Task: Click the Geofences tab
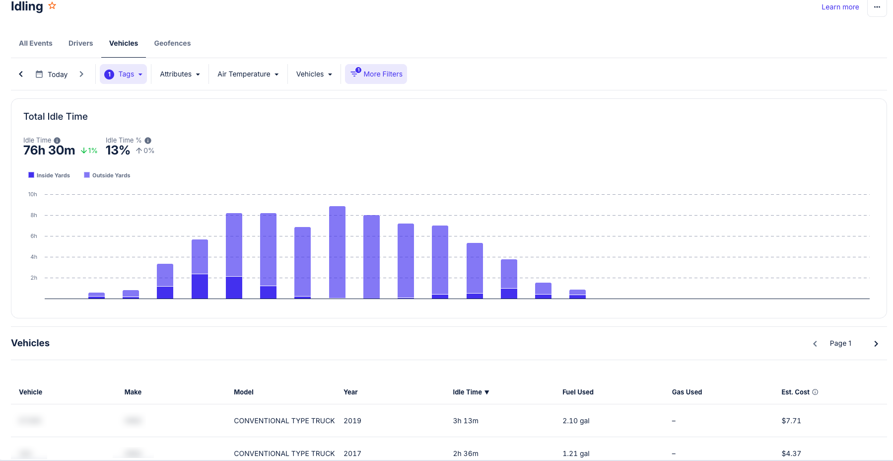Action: [172, 43]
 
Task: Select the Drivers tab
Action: [80, 43]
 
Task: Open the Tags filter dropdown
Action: [124, 74]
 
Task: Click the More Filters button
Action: [376, 74]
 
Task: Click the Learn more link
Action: [840, 7]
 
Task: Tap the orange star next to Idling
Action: [52, 6]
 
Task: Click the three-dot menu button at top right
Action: [877, 7]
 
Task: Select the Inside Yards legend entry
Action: [49, 175]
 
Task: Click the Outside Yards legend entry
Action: [107, 175]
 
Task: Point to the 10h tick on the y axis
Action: [33, 194]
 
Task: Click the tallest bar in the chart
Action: [337, 252]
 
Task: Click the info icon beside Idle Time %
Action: [148, 141]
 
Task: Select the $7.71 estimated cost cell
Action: [791, 421]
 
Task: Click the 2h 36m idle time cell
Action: [465, 454]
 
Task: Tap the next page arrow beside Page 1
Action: [876, 344]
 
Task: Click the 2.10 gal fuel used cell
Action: [576, 421]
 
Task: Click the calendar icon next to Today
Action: [39, 74]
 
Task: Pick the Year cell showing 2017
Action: [352, 454]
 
